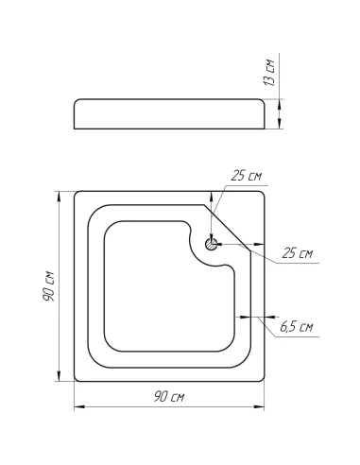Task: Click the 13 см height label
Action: pos(269,73)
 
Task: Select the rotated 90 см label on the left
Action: pos(49,286)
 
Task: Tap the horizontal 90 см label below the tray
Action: pos(169,397)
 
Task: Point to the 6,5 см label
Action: pos(297,327)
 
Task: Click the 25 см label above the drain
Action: pos(246,176)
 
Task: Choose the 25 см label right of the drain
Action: pos(298,253)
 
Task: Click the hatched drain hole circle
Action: pos(211,244)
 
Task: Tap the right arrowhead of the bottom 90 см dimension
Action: pos(259,407)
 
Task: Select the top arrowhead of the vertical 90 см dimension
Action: pos(59,197)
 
